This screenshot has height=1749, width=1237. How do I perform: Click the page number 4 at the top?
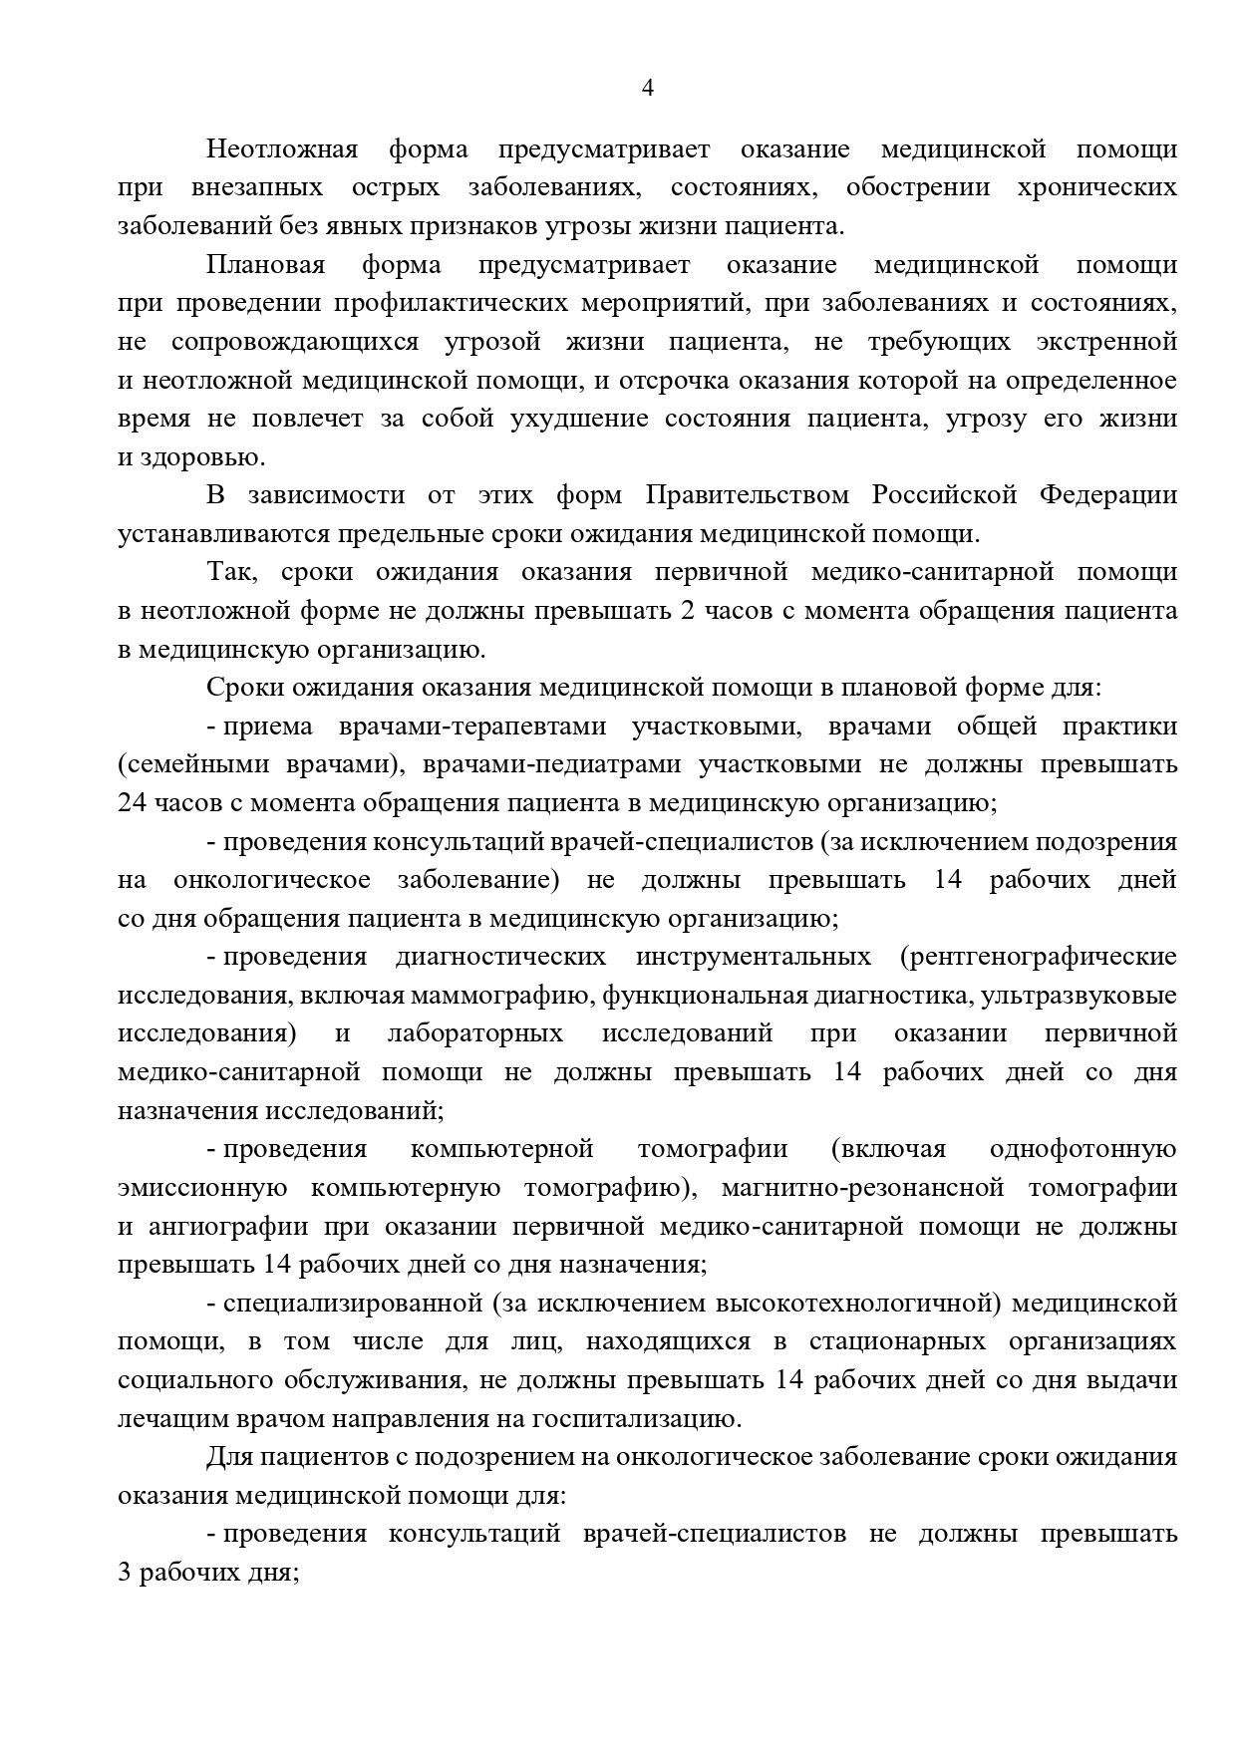coord(647,89)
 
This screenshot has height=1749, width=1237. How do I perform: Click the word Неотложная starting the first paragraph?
coord(281,149)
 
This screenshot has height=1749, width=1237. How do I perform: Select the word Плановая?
coord(265,265)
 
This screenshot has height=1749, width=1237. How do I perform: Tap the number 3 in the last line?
coord(125,1573)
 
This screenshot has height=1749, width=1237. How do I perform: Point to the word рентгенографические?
coord(1038,957)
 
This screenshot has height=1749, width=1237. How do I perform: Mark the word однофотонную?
coord(1082,1149)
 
